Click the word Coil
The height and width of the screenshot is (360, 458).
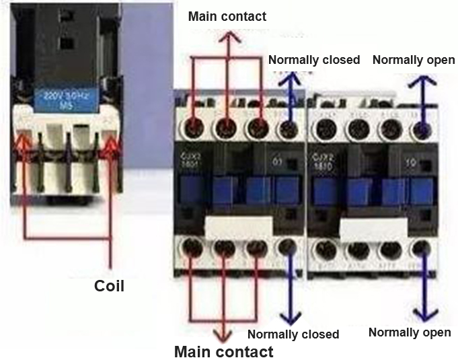click(109, 285)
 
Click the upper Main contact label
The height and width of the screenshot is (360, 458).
click(227, 16)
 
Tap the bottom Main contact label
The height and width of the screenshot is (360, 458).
click(224, 351)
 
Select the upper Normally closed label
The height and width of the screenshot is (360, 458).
click(314, 60)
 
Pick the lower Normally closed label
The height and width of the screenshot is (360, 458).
click(293, 334)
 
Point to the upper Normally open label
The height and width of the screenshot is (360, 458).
click(414, 60)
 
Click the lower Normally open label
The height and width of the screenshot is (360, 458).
click(410, 332)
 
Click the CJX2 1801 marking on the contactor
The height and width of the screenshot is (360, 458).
click(190, 161)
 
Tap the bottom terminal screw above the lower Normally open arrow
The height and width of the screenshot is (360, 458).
click(422, 249)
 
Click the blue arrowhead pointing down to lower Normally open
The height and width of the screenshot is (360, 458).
click(422, 314)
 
